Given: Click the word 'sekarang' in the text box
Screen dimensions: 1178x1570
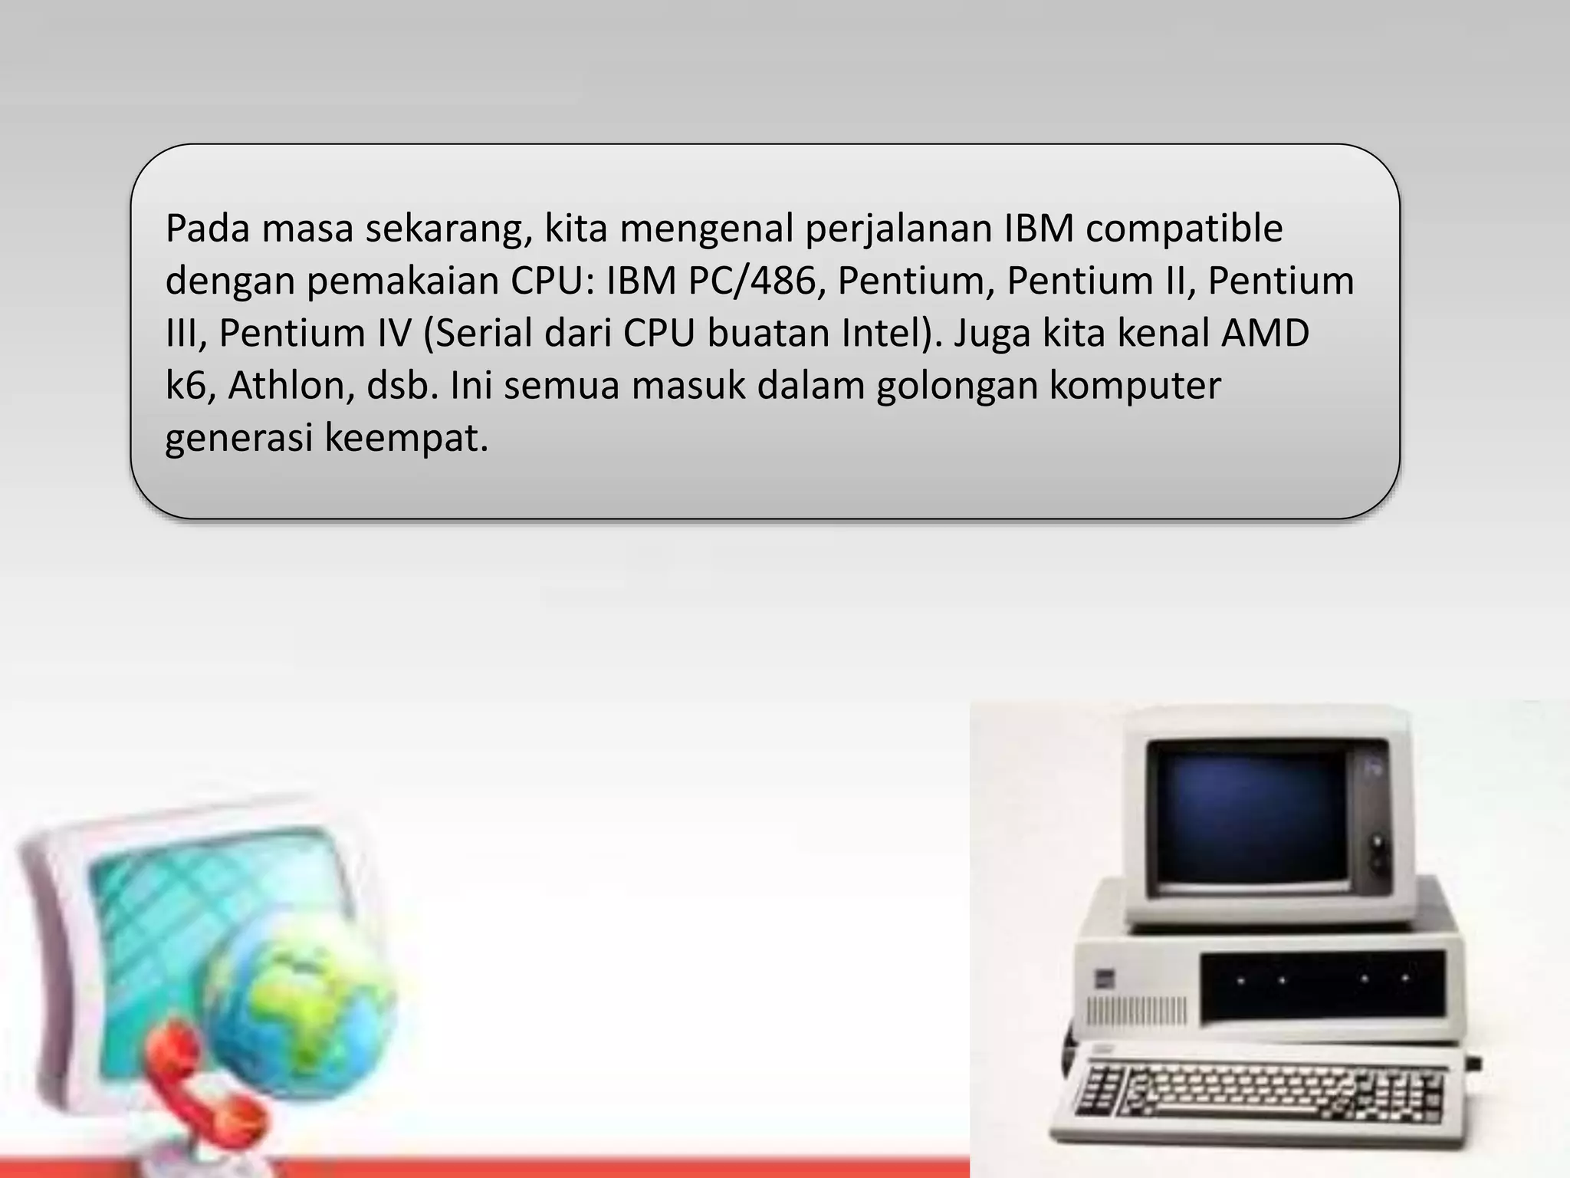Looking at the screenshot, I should pos(448,229).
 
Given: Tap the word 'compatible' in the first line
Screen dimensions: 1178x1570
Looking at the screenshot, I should pos(1184,229).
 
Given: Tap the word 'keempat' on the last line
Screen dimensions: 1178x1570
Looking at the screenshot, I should pos(406,438).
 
